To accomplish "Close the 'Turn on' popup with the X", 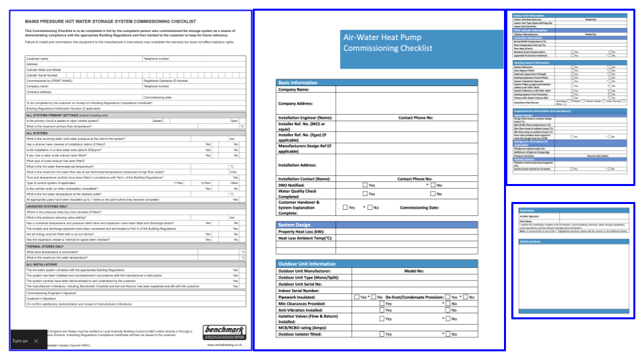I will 37,341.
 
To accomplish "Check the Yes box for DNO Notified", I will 365,185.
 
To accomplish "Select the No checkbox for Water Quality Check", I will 433,193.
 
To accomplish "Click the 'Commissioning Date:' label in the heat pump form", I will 419,207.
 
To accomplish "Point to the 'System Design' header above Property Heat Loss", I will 294,225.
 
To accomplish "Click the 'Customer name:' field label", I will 39,59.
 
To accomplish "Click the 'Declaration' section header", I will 527,209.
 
